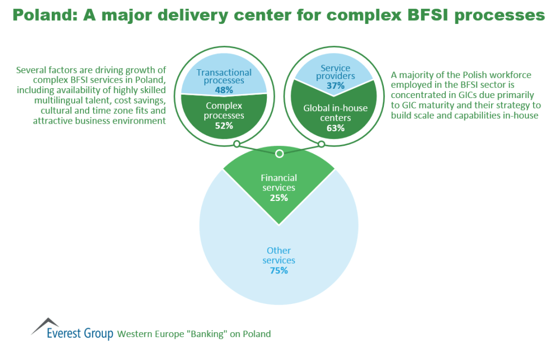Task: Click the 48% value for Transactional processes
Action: pos(224,89)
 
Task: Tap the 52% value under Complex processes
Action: pos(224,125)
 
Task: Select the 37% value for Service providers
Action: pos(335,86)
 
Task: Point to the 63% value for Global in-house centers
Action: pos(335,128)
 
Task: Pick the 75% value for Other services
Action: pos(279,270)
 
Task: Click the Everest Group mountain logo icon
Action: pos(45,326)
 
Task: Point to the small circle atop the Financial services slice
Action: pos(279,154)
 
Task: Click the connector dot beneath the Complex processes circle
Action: pos(237,144)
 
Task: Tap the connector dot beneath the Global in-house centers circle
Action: pos(321,144)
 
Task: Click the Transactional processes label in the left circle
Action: pos(224,76)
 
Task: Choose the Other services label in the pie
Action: pos(279,255)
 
